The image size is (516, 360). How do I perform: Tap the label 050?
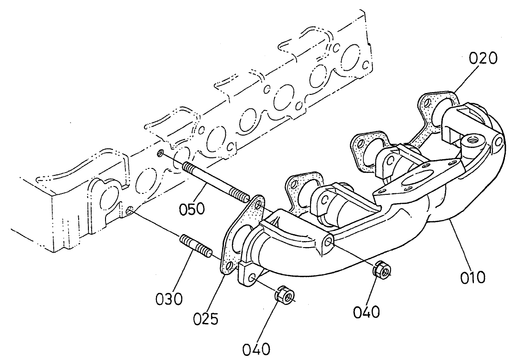193,209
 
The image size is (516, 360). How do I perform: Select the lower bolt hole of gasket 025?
228,265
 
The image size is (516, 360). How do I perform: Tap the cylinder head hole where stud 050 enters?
160,154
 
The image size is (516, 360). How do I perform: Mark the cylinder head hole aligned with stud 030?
130,211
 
